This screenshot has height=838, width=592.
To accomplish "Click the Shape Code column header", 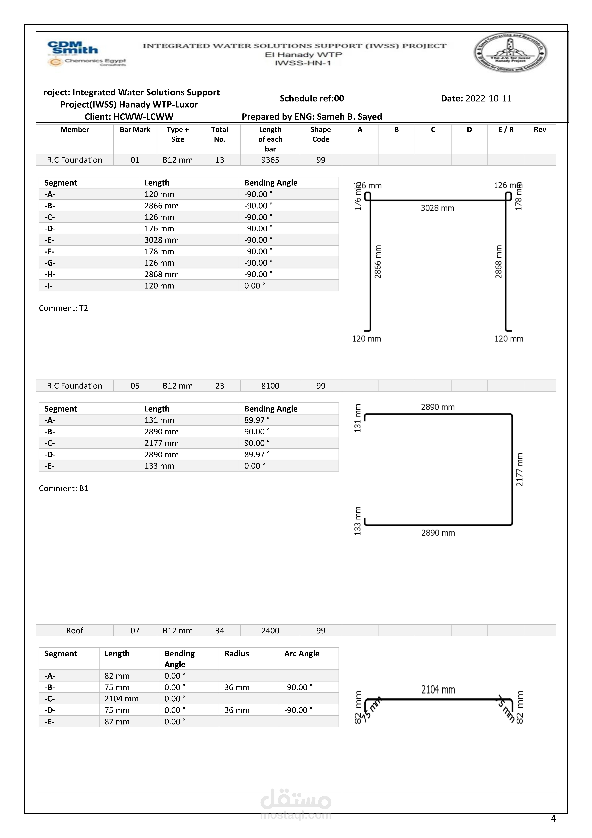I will coord(321,134).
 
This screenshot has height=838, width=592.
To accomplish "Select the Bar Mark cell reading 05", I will coord(135,386).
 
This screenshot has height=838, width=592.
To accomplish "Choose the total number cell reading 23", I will coord(220,386).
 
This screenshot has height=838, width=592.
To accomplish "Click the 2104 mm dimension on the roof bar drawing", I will coord(438,690).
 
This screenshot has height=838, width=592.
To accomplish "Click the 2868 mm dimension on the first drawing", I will coord(499,262).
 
